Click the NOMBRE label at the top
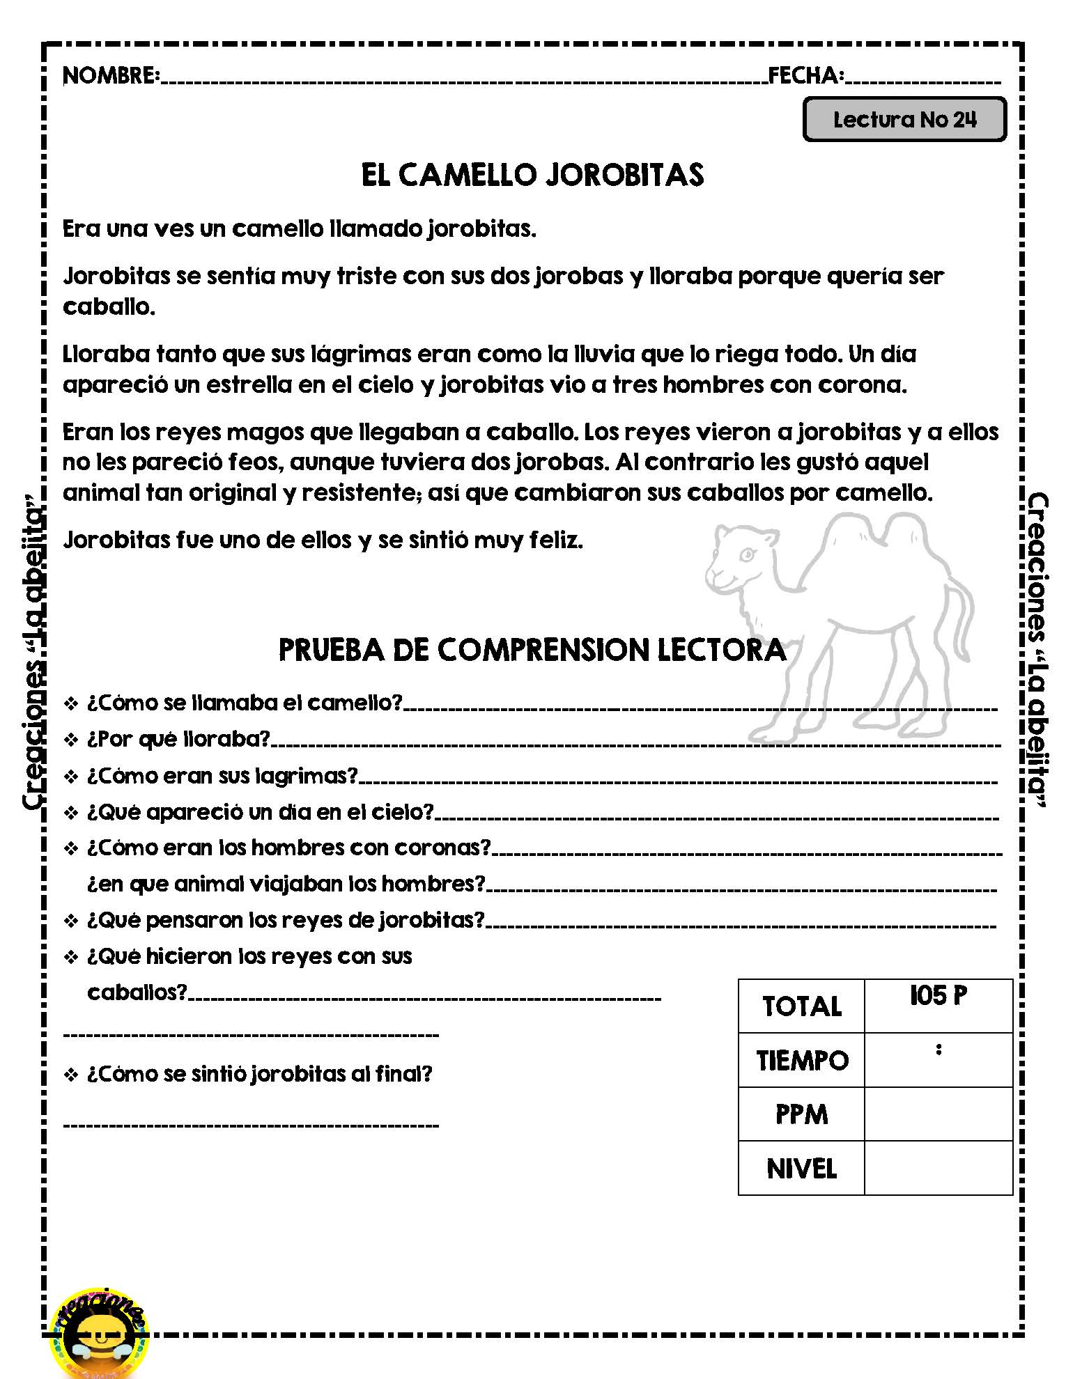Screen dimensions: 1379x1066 111,75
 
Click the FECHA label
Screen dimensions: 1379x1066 805,75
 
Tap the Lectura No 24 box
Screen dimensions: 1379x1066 904,120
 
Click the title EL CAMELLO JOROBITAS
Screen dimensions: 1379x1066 532,175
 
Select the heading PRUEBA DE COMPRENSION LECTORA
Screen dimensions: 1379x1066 532,650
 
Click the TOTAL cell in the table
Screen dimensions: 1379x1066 801,1006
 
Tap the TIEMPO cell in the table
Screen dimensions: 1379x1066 801,1061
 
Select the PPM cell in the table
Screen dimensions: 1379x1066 801,1114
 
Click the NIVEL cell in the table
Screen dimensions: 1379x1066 801,1169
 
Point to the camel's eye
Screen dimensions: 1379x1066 746,555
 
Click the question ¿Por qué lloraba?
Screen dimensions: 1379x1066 178,739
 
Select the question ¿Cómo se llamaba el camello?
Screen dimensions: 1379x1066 245,703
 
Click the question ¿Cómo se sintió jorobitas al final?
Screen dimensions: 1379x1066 259,1074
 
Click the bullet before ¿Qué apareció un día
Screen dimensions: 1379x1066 71,813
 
